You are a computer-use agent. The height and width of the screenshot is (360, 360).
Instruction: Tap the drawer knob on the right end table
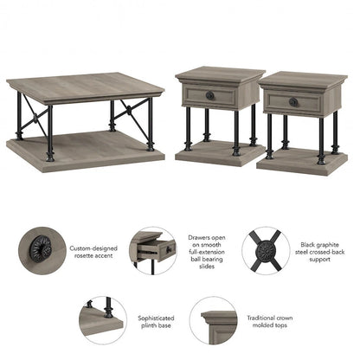click(293, 101)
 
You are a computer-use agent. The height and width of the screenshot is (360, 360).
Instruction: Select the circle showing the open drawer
click(154, 251)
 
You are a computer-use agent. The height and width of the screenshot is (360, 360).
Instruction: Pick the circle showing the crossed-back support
click(267, 251)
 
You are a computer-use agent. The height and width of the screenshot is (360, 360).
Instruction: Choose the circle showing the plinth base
click(103, 320)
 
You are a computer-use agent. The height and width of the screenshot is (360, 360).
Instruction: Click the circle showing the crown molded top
click(214, 321)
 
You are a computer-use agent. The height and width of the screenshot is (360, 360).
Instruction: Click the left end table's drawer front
click(209, 96)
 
